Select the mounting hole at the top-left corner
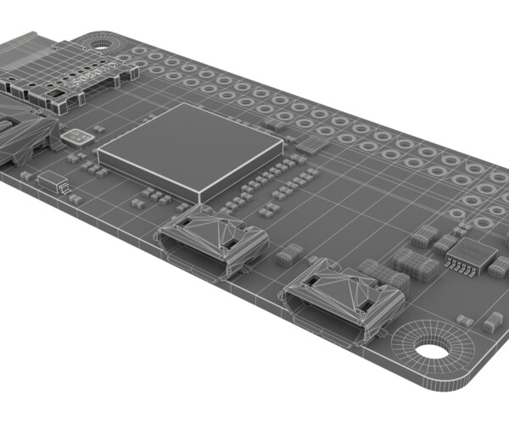[x=103, y=41]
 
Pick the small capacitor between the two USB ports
[x=289, y=254]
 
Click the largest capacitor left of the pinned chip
[x=416, y=264]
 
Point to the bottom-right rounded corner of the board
[x=475, y=373]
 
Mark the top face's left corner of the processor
[x=100, y=153]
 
